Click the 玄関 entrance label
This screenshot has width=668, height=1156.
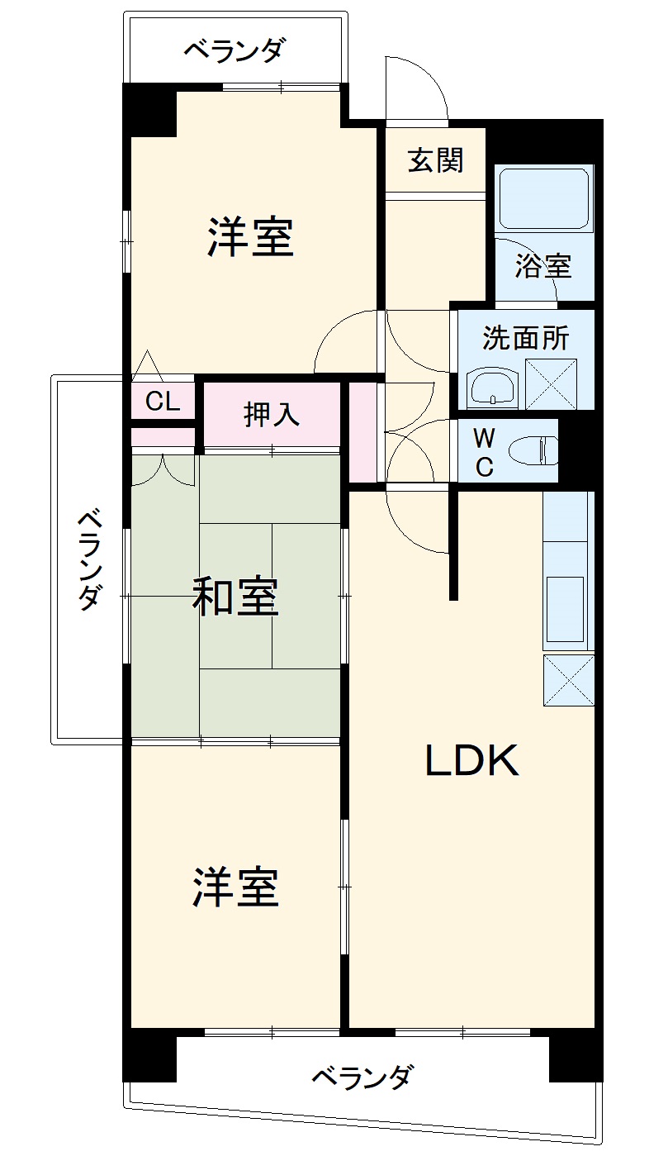pos(434,161)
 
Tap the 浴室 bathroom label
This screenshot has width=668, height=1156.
pos(542,266)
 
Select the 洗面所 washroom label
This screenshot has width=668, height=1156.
pos(525,338)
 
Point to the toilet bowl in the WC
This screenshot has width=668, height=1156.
pos(533,451)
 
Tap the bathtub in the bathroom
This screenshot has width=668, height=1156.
pos(544,198)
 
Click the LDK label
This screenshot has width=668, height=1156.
pos(471,761)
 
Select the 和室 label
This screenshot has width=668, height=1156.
pos(235,597)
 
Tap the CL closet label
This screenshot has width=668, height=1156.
pos(163,402)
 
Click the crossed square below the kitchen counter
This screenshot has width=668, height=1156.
pos(569,679)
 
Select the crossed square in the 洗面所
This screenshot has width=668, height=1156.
pos(550,384)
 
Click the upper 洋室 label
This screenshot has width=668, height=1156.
pos(250,236)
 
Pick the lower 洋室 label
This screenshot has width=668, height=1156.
pos(236,887)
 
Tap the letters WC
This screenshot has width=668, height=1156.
pos(485,451)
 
